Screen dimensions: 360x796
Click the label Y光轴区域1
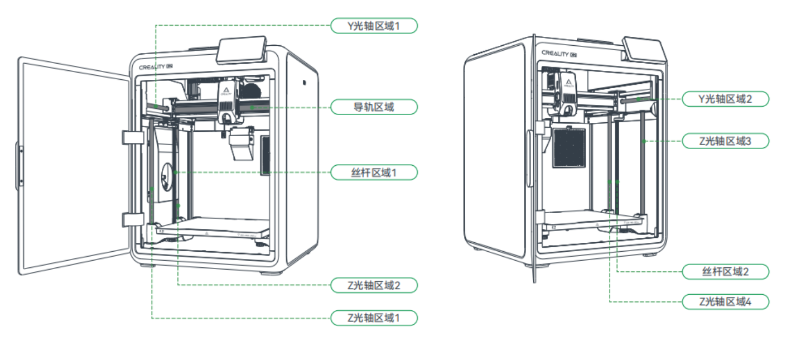[373, 26]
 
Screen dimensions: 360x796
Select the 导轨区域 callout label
[373, 107]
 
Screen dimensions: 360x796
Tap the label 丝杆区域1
[373, 172]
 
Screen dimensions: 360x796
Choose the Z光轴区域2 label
[373, 285]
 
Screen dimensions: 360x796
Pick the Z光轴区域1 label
[373, 318]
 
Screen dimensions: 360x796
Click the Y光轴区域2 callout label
[725, 99]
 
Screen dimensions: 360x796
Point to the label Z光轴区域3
[725, 141]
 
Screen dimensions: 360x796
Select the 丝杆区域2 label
[725, 272]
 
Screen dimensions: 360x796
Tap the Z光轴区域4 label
[725, 302]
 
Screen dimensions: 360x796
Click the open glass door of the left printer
[73, 167]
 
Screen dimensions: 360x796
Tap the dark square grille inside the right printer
[568, 147]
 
